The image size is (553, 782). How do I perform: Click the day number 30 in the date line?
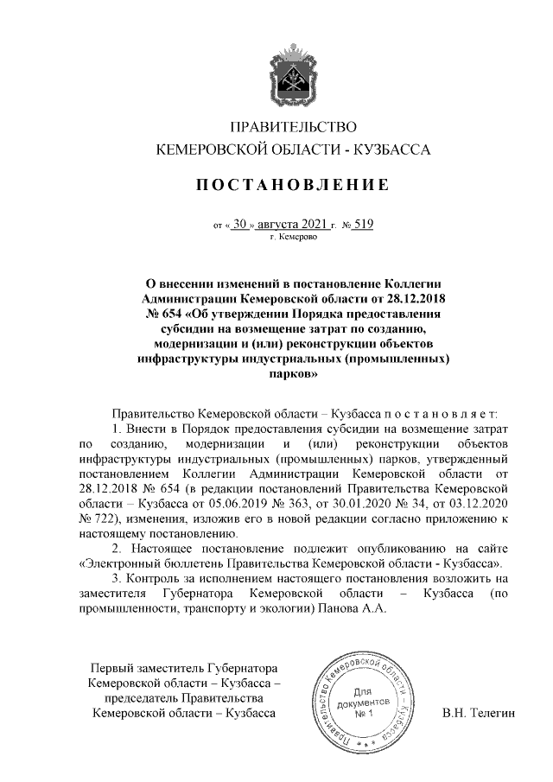click(240, 225)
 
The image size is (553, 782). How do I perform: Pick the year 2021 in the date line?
click(302, 225)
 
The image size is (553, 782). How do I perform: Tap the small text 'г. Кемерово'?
click(292, 237)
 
